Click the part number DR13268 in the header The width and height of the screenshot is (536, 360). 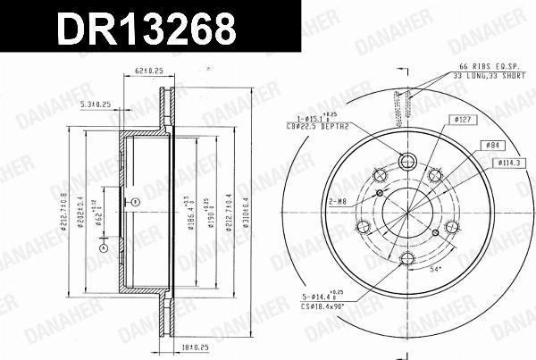click(148, 29)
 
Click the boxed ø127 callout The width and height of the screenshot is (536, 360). click(465, 119)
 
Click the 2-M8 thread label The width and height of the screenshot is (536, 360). click(338, 202)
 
